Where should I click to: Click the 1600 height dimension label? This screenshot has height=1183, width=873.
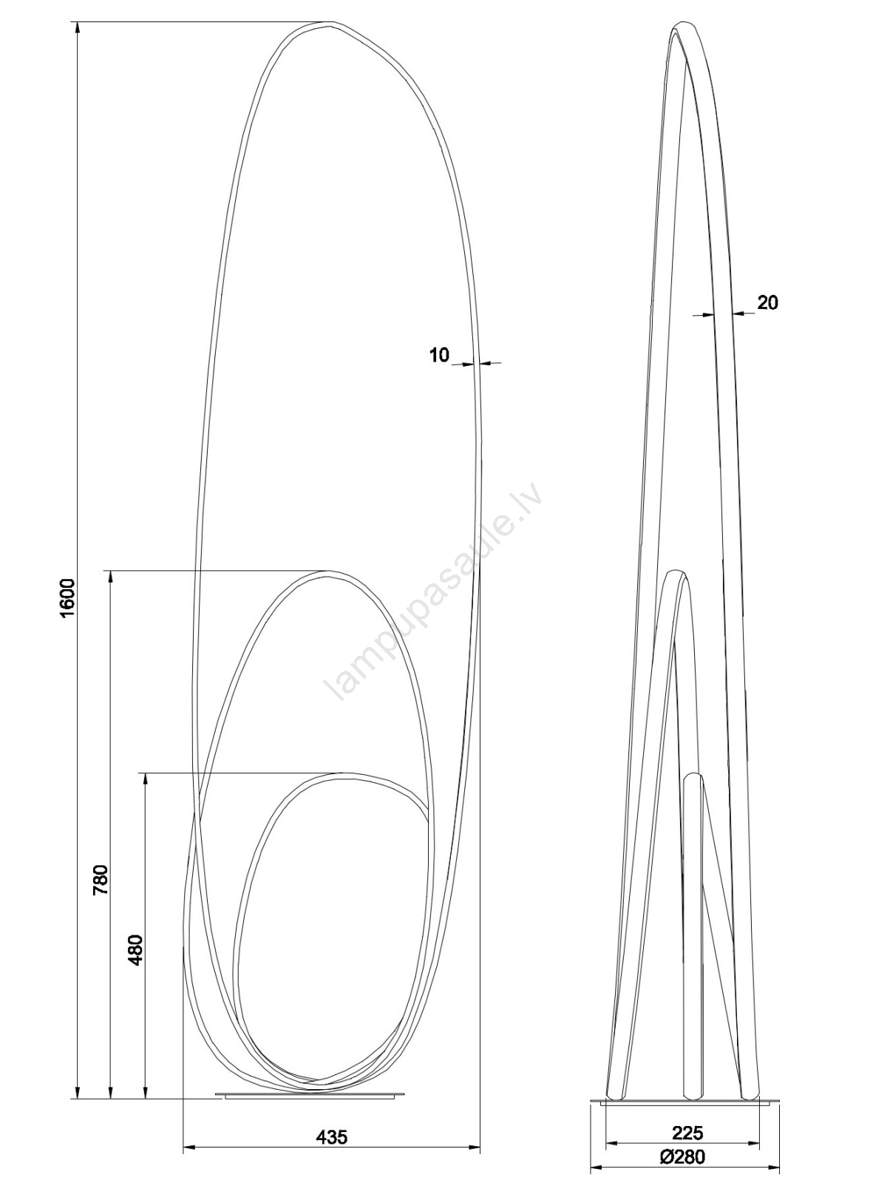click(x=69, y=597)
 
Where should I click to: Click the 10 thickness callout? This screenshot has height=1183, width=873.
click(x=439, y=355)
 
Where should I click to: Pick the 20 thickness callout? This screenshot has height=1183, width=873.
click(x=767, y=303)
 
